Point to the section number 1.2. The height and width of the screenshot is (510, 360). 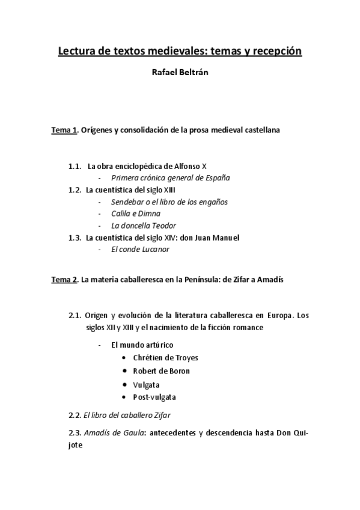pyautogui.click(x=75, y=190)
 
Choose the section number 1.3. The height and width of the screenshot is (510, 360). pyautogui.click(x=75, y=238)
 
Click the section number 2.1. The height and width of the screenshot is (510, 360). pyautogui.click(x=75, y=315)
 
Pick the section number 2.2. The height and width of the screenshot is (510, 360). pyautogui.click(x=75, y=415)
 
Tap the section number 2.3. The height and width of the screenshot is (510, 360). pyautogui.click(x=75, y=433)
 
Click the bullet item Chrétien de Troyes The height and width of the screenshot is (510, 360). pyautogui.click(x=165, y=358)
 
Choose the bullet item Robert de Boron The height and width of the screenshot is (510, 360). pyautogui.click(x=161, y=371)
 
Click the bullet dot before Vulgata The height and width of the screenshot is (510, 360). pyautogui.click(x=124, y=384)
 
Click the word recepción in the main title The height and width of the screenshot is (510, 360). pyautogui.click(x=272, y=52)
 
